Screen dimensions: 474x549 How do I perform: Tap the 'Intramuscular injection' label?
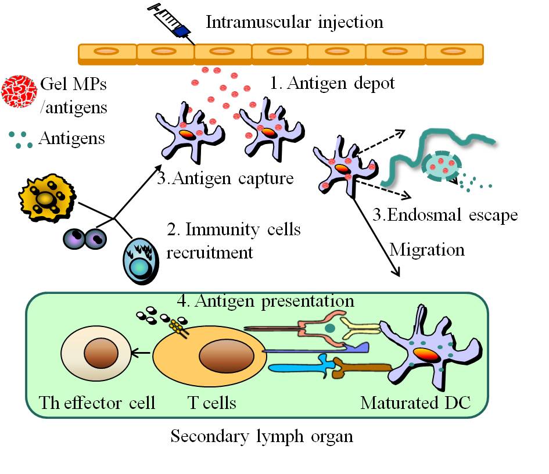pyautogui.click(x=295, y=22)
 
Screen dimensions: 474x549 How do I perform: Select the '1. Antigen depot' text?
pyautogui.click(x=332, y=83)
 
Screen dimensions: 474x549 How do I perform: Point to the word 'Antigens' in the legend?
pyautogui.click(x=71, y=138)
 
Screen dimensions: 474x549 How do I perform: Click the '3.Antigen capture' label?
pyautogui.click(x=225, y=178)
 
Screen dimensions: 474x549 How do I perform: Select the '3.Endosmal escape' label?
pyautogui.click(x=445, y=215)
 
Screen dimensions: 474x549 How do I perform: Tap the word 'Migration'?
pyautogui.click(x=427, y=249)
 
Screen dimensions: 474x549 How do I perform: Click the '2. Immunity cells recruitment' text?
pyautogui.click(x=233, y=240)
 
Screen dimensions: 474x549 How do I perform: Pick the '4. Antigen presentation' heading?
pyautogui.click(x=265, y=301)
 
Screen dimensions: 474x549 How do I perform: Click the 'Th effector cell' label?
pyautogui.click(x=97, y=402)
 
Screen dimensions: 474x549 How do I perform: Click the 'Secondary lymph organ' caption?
pyautogui.click(x=261, y=436)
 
